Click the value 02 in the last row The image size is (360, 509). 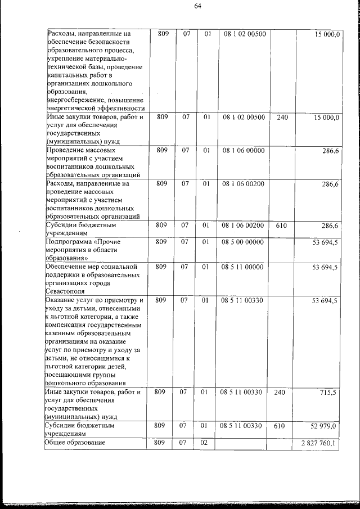point(207,444)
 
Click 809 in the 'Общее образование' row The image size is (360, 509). point(163,444)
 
